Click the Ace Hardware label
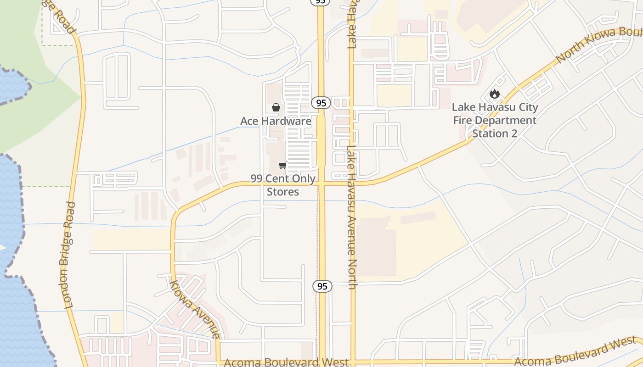pyautogui.click(x=276, y=121)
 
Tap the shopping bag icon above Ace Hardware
pyautogui.click(x=276, y=107)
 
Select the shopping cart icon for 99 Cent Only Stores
pyautogui.click(x=283, y=165)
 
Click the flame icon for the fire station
pyautogui.click(x=494, y=94)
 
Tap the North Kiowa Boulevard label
pyautogui.click(x=597, y=45)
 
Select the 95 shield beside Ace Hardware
pyautogui.click(x=321, y=103)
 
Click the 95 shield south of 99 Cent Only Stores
pyautogui.click(x=322, y=286)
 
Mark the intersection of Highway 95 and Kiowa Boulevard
pyautogui.click(x=321, y=183)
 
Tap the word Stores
pyautogui.click(x=283, y=192)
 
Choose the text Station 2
pyautogui.click(x=495, y=133)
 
